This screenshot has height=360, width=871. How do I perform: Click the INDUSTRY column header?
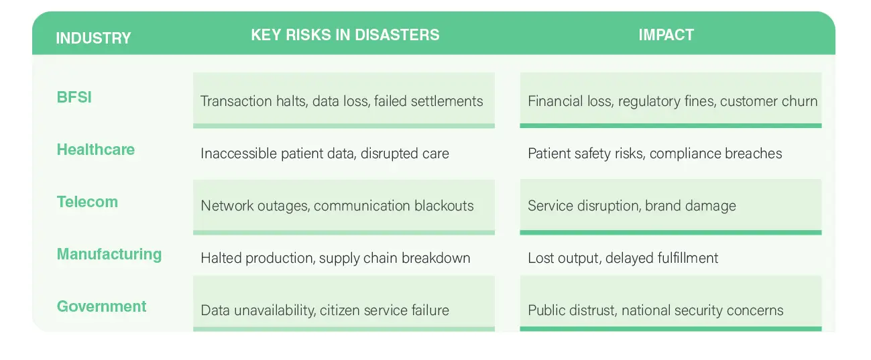click(x=93, y=38)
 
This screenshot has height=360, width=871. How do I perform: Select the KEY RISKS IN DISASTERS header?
click(x=345, y=35)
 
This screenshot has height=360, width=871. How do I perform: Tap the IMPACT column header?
click(x=666, y=35)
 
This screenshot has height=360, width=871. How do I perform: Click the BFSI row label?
click(x=74, y=97)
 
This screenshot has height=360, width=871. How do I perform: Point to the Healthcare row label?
click(x=95, y=149)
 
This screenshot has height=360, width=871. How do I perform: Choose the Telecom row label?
click(x=87, y=202)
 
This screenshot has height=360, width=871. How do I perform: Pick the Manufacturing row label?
click(x=109, y=254)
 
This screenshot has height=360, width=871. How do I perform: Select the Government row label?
click(x=101, y=306)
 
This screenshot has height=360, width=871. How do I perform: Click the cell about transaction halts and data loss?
click(x=342, y=101)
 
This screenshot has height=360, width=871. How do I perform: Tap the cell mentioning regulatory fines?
click(x=673, y=101)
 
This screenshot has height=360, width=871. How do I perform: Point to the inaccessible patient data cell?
click(x=325, y=154)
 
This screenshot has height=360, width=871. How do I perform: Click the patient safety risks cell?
click(x=654, y=154)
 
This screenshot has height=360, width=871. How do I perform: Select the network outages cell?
click(x=337, y=206)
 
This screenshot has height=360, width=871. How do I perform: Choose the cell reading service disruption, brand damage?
click(x=632, y=206)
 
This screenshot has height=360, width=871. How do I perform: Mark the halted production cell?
click(x=335, y=258)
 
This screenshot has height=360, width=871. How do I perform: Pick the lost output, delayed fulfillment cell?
click(x=623, y=258)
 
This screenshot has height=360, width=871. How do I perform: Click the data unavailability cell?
click(x=325, y=310)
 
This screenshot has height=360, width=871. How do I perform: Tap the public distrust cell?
click(x=655, y=310)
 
